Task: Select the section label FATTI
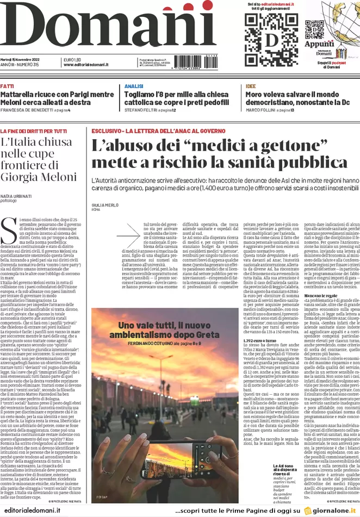tap(7, 86)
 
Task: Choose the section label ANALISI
tap(133, 86)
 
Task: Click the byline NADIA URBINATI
tap(15, 195)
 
